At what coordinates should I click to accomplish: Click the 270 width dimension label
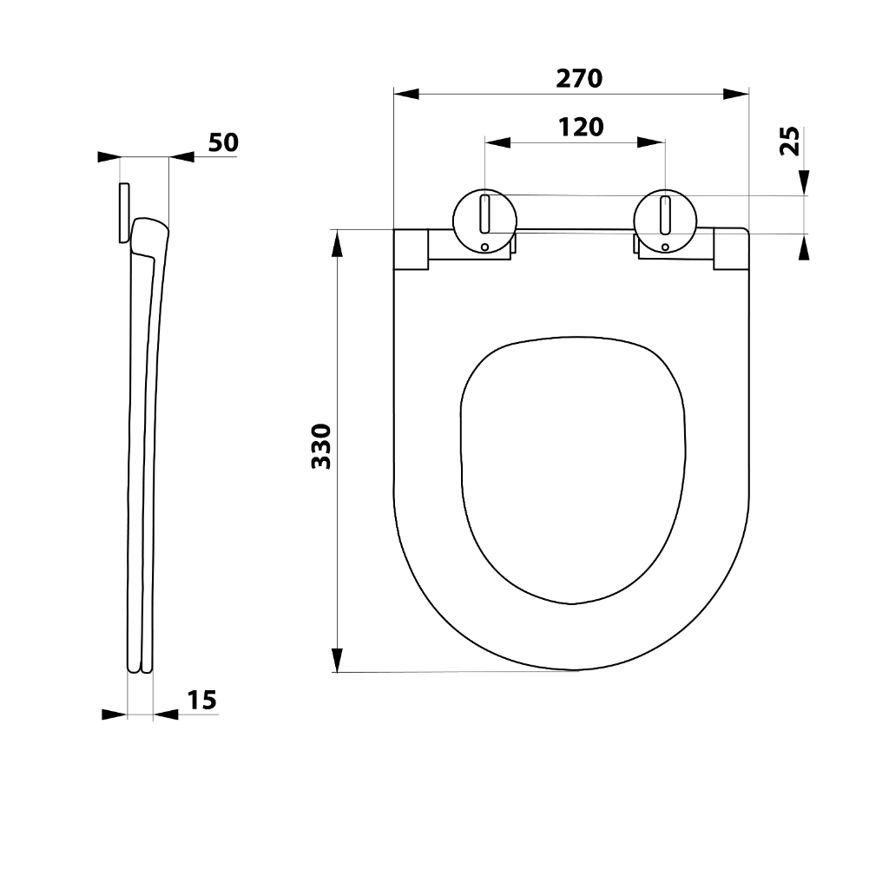pyautogui.click(x=579, y=78)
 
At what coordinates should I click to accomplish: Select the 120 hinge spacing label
pyautogui.click(x=581, y=128)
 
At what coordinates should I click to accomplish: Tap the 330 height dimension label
pyautogui.click(x=321, y=446)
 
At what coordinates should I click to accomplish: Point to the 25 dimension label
pyautogui.click(x=790, y=142)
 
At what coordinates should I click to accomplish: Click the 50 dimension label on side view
pyautogui.click(x=223, y=142)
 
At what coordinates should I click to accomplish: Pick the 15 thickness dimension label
pyautogui.click(x=202, y=701)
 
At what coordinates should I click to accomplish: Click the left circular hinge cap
pyautogui.click(x=484, y=221)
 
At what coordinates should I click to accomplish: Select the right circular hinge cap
pyautogui.click(x=665, y=221)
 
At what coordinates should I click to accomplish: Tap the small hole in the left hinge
pyautogui.click(x=484, y=247)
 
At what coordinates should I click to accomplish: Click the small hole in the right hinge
pyautogui.click(x=665, y=247)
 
